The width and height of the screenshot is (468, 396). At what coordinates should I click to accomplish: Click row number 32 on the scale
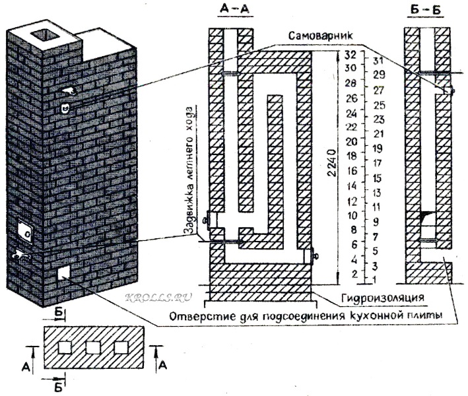point(350,53)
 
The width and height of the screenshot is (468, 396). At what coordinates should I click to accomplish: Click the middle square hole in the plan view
point(93,347)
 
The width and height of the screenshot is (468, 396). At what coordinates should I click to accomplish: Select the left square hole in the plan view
point(64,347)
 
